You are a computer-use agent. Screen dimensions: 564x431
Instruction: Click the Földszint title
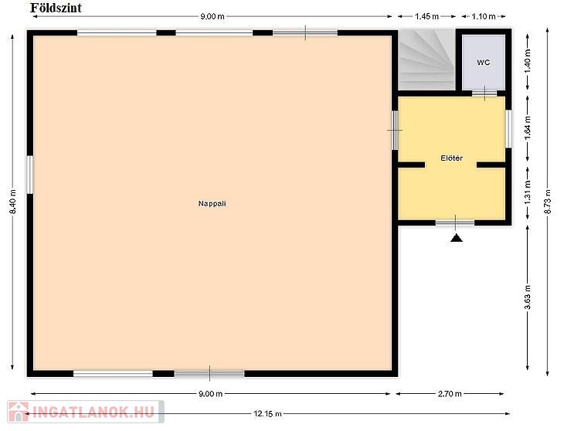coord(56,8)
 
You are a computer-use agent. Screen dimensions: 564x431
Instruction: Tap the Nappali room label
coord(212,203)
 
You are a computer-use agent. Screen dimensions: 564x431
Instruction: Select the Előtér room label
coord(452,158)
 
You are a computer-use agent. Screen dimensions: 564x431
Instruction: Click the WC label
coord(484,63)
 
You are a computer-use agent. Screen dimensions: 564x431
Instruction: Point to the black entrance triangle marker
coord(457,238)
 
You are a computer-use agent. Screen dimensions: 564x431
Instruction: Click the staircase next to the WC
coord(426,59)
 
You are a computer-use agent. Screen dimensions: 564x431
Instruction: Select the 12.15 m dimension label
coord(267,414)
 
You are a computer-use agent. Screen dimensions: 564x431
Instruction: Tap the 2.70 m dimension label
coord(450,394)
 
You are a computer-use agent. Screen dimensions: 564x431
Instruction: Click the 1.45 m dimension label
coord(426,16)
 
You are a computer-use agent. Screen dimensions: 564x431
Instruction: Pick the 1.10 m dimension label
coord(484,16)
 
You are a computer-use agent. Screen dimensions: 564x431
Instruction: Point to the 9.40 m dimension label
coord(13,202)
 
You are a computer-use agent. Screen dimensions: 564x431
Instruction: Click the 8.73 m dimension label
coord(548,202)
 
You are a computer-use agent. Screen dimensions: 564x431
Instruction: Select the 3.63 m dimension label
coord(528,297)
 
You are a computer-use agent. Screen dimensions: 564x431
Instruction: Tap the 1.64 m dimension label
coord(528,127)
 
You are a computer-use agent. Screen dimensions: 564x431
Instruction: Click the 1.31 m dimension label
coord(528,192)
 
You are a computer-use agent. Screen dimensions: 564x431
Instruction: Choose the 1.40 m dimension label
coord(528,60)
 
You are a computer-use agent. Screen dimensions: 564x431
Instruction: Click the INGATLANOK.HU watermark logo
coord(86,412)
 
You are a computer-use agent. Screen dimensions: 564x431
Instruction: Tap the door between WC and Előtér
coord(484,93)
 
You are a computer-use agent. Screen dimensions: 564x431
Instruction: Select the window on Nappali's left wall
coord(30,175)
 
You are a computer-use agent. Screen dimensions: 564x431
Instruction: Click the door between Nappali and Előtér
coord(395,130)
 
